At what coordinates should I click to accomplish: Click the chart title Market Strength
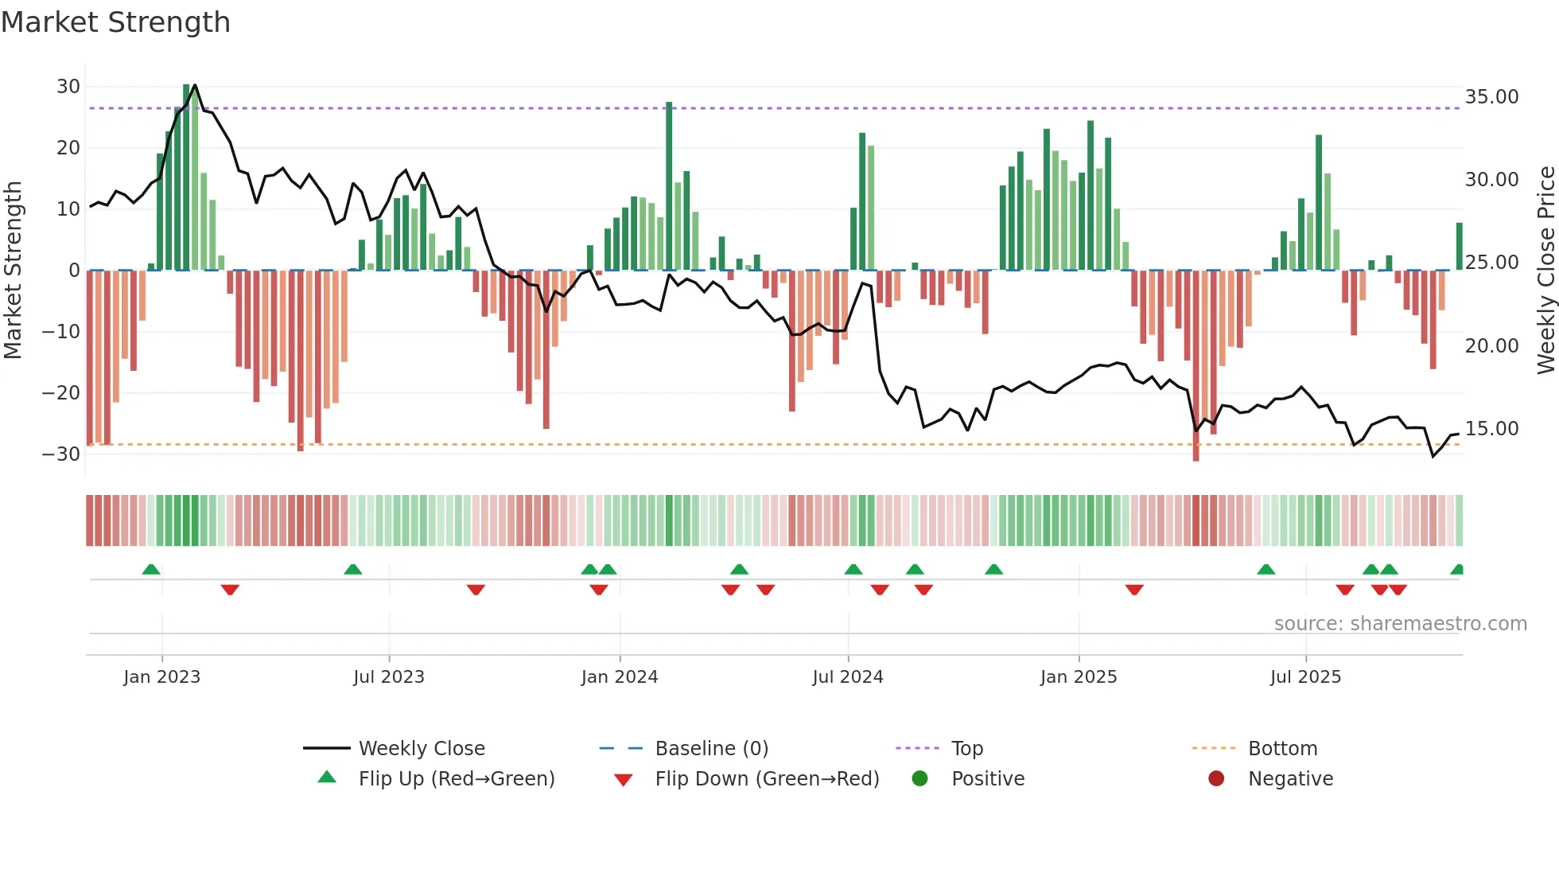[x=115, y=22]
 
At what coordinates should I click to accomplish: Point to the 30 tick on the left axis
[x=68, y=86]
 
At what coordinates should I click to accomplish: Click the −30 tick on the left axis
[x=62, y=454]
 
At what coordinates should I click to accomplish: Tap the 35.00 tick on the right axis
[x=1491, y=96]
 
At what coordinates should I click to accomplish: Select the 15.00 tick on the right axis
[x=1491, y=428]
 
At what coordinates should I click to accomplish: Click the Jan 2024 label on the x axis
[x=620, y=676]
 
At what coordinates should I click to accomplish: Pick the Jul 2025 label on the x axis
[x=1305, y=676]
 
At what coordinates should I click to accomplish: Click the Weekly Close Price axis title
[x=1545, y=270]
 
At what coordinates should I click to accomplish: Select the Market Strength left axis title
[x=14, y=270]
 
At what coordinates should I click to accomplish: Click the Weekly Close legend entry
[x=421, y=748]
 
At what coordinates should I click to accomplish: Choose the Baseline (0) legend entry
[x=711, y=748]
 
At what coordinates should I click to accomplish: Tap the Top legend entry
[x=966, y=748]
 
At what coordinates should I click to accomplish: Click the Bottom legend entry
[x=1282, y=748]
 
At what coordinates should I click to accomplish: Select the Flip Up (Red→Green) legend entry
[x=456, y=778]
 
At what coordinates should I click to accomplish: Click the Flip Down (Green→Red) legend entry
[x=767, y=778]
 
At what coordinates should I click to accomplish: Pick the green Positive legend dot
[x=919, y=778]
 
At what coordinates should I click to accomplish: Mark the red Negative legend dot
[x=1216, y=778]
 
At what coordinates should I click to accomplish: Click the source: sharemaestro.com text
[x=1400, y=623]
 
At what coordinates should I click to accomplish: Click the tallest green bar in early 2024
[x=669, y=186]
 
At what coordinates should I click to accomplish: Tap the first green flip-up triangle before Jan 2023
[x=151, y=569]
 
